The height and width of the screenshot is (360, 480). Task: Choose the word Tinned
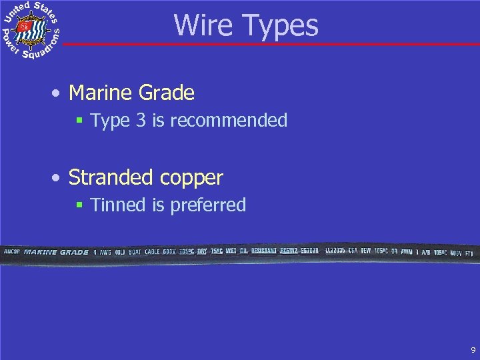tap(119, 205)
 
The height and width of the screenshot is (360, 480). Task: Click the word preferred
tap(208, 205)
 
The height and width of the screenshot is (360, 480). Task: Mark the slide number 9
tap(473, 349)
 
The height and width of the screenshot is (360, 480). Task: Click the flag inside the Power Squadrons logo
tap(25, 27)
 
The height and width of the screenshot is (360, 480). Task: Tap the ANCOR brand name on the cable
tap(13, 253)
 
